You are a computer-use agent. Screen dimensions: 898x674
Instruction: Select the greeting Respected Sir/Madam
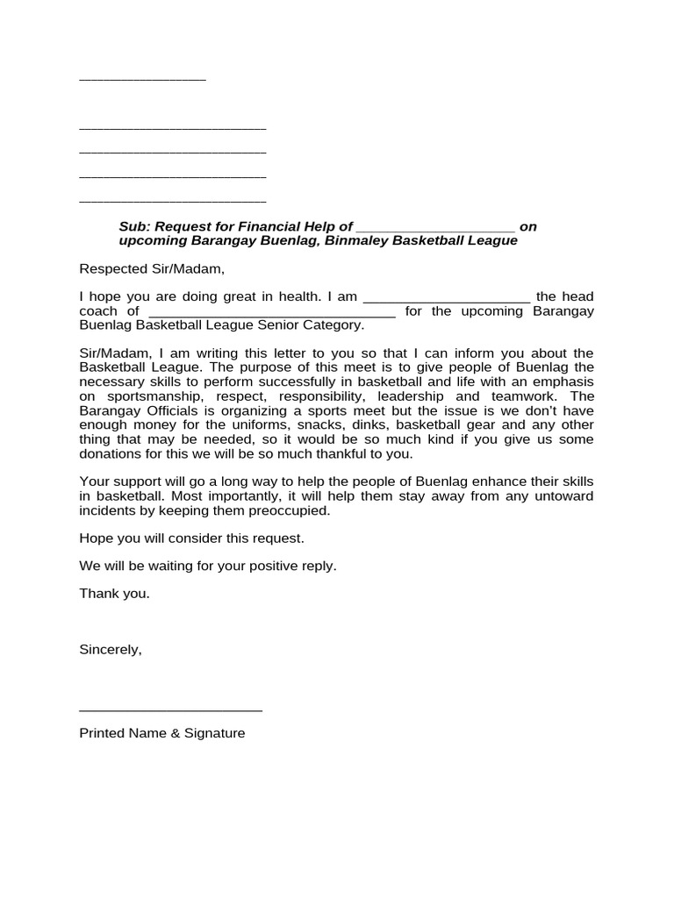[x=146, y=268]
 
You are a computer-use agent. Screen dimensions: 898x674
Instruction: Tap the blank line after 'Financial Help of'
[x=435, y=228]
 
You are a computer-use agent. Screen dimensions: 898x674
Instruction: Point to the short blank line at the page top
[x=142, y=80]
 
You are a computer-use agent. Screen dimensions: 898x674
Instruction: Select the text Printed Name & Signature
[x=162, y=733]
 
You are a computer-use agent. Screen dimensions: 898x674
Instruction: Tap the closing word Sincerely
[x=110, y=650]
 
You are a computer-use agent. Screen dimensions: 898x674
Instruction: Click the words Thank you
[x=114, y=594]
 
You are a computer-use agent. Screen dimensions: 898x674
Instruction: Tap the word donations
[x=111, y=453]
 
